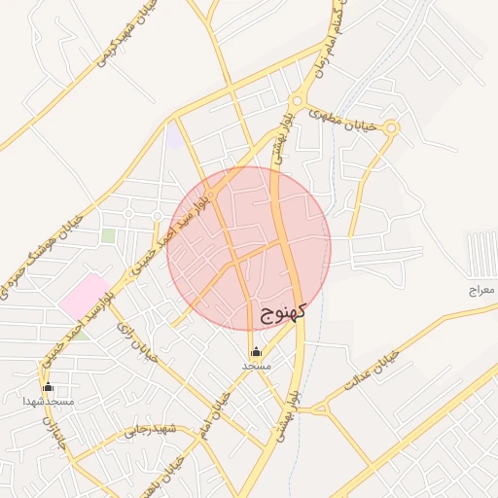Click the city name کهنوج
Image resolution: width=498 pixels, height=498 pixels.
click(284, 311)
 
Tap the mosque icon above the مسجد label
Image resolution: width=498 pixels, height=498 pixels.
click(256, 351)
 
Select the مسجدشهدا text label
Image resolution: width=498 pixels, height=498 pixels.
click(49, 401)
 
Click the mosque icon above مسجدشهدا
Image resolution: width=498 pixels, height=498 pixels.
click(48, 387)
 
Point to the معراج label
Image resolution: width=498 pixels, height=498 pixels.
click(481, 290)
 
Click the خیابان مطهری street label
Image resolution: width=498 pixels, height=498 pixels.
click(341, 118)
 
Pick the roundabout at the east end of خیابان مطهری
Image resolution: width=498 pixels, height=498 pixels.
click(391, 126)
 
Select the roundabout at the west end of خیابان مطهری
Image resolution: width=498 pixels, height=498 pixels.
click(296, 100)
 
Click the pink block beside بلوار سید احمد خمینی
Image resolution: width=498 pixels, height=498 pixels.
click(86, 294)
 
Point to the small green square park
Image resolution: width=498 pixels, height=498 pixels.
click(108, 235)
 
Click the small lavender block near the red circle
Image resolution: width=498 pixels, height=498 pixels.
click(173, 137)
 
